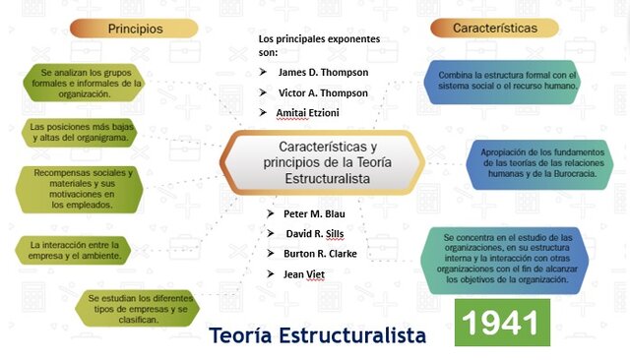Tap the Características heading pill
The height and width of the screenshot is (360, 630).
pyautogui.click(x=494, y=29)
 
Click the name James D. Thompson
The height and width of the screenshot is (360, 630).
pyautogui.click(x=323, y=72)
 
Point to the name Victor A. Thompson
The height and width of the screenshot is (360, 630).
pyautogui.click(x=323, y=92)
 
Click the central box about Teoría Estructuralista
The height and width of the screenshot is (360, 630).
pyautogui.click(x=324, y=162)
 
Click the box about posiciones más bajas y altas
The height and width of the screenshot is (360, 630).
pyautogui.click(x=83, y=133)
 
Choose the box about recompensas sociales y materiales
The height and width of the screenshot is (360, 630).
pyautogui.click(x=83, y=189)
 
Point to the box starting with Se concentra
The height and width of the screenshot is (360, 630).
pyautogui.click(x=506, y=259)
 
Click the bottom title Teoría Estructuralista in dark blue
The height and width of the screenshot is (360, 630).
pyautogui.click(x=318, y=335)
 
